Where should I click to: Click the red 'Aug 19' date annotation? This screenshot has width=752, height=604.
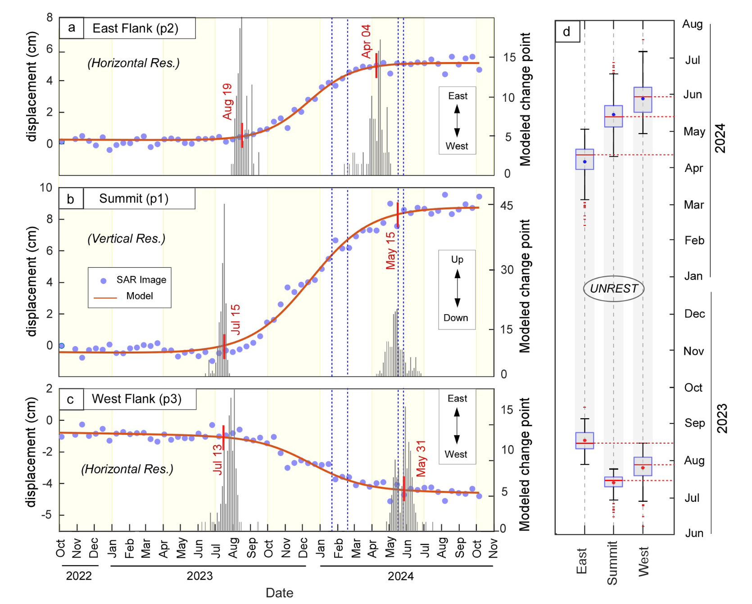(x=227, y=101)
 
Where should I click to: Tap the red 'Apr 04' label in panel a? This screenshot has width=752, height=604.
(x=366, y=41)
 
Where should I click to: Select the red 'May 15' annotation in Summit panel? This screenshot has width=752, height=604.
(x=390, y=251)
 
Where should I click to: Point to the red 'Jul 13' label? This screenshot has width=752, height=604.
(x=217, y=459)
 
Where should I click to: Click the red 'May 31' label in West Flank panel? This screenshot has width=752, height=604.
(x=421, y=458)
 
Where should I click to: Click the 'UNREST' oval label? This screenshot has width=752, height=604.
(x=614, y=288)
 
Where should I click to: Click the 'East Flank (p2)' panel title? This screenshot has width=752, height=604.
(x=136, y=28)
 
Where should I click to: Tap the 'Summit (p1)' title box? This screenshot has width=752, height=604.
(x=134, y=198)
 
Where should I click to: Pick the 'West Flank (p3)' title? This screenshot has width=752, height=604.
(x=136, y=399)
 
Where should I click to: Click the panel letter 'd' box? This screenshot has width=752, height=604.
(x=567, y=32)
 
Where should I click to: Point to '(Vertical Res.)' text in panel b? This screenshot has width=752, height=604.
(x=127, y=239)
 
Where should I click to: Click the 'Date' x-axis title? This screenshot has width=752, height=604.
(x=279, y=593)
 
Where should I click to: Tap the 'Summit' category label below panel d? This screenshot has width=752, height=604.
(x=612, y=563)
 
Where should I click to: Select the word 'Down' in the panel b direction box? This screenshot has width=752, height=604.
(x=456, y=318)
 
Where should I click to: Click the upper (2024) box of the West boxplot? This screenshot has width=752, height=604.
(x=643, y=100)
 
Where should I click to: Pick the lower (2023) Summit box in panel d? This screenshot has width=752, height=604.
(x=613, y=482)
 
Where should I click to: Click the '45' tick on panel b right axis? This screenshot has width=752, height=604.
(x=507, y=206)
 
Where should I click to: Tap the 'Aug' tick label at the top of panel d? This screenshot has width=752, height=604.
(x=692, y=24)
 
